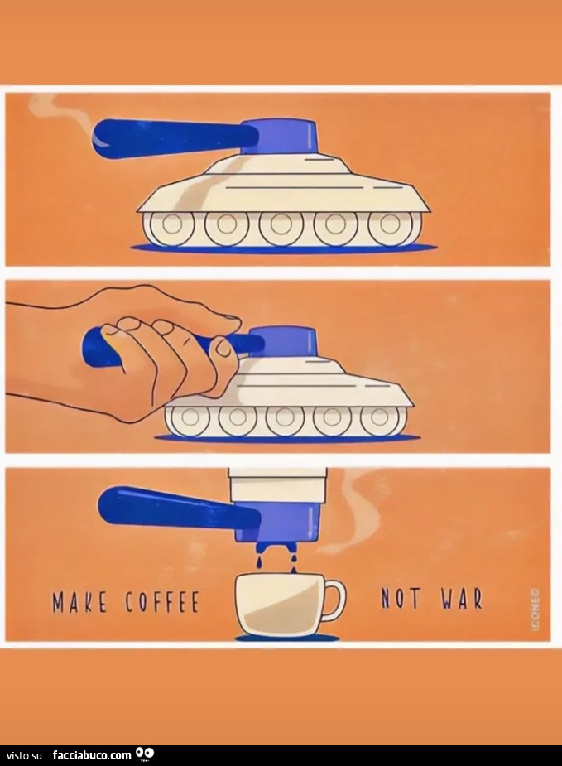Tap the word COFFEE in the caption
162,601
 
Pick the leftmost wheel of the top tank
169,226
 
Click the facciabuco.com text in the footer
92,754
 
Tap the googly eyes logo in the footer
146,754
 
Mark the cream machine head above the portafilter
276,483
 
